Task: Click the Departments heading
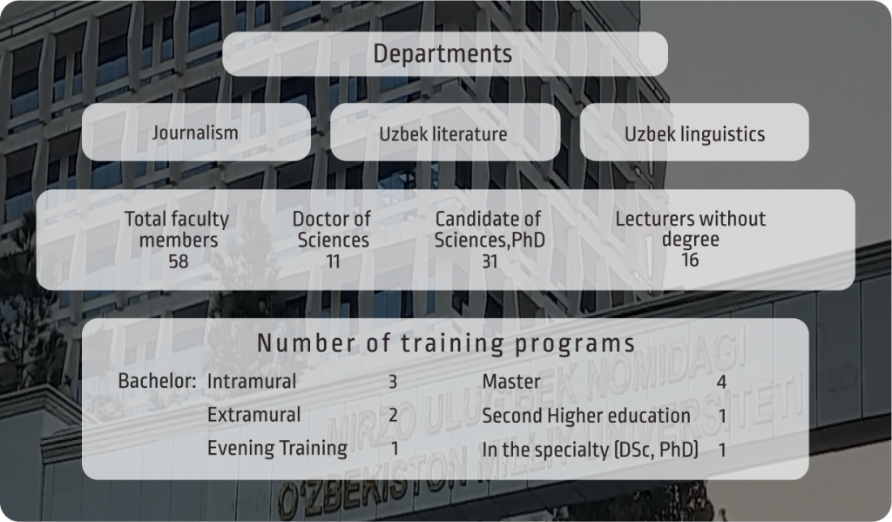(443, 54)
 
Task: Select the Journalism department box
(196, 132)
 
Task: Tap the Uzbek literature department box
(445, 132)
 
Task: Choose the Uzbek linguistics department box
(694, 132)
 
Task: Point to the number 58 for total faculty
(178, 261)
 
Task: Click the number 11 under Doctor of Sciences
(333, 261)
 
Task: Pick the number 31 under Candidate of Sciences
(490, 261)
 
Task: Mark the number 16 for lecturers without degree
(690, 260)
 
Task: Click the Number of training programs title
(446, 343)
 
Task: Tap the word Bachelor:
(157, 381)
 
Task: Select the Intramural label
(252, 381)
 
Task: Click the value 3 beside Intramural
(393, 382)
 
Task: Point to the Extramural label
(253, 415)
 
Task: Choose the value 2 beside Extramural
(393, 415)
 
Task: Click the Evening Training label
(277, 448)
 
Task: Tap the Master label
(511, 382)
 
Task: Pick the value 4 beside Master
(721, 382)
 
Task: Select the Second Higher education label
(586, 416)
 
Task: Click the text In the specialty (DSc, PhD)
(590, 450)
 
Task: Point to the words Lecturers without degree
(691, 229)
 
